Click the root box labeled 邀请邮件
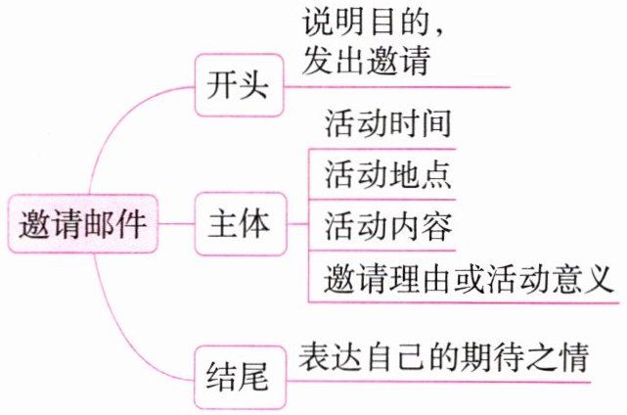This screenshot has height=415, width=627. pyautogui.click(x=83, y=223)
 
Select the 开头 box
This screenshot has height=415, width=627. pyautogui.click(x=239, y=85)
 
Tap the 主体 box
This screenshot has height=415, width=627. pyautogui.click(x=241, y=224)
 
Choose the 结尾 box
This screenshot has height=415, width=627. pyautogui.click(x=241, y=378)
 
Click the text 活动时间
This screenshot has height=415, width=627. pyautogui.click(x=388, y=123)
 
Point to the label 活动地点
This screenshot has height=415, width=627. pyautogui.click(x=388, y=174)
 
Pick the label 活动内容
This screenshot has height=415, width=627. pyautogui.click(x=388, y=226)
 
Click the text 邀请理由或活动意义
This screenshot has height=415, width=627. pyautogui.click(x=469, y=277)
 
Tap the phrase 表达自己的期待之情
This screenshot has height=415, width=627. pyautogui.click(x=444, y=356)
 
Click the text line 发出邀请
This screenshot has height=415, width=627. pyautogui.click(x=366, y=60)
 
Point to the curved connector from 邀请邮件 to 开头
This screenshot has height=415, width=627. pyautogui.click(x=116, y=120)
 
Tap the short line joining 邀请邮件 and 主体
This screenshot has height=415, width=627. pyautogui.click(x=176, y=224)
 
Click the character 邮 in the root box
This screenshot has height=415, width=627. pyautogui.click(x=98, y=224)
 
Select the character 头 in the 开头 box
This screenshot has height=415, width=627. pyautogui.click(x=254, y=85)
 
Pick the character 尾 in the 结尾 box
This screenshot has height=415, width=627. pyautogui.click(x=253, y=378)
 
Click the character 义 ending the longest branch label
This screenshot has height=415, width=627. pyautogui.click(x=599, y=277)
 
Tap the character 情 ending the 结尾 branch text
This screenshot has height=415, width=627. pyautogui.click(x=575, y=356)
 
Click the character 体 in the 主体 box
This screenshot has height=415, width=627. pyautogui.click(x=255, y=224)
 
